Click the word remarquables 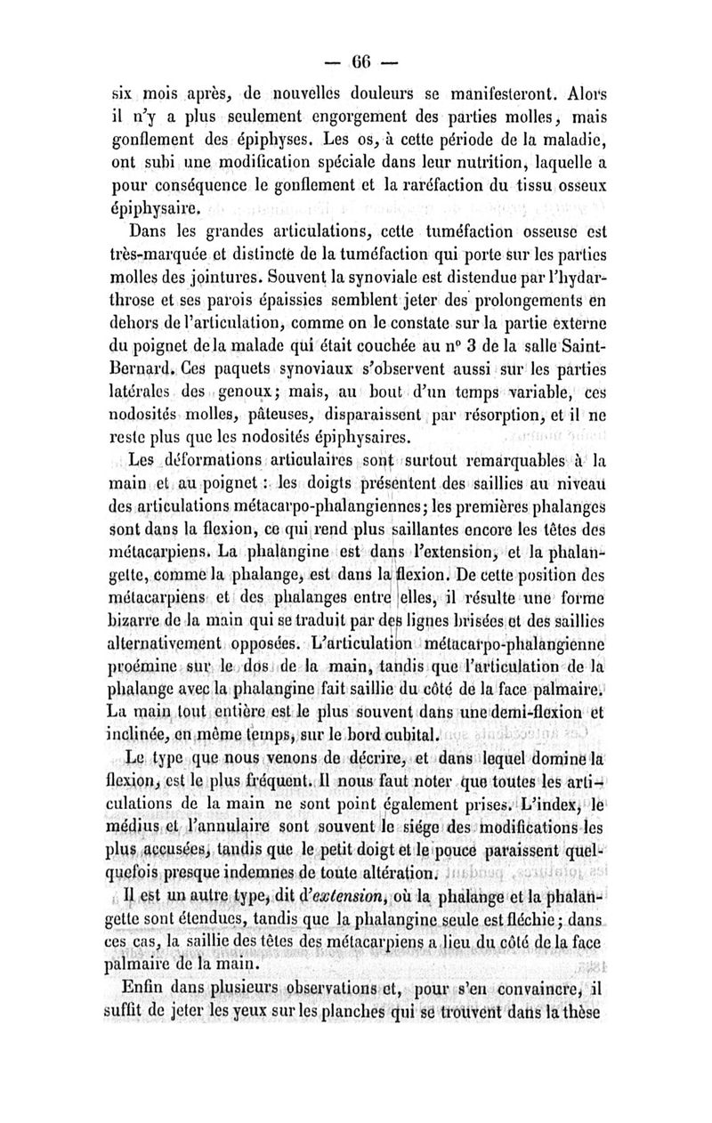coord(502,464)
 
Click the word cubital coord(406,735)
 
